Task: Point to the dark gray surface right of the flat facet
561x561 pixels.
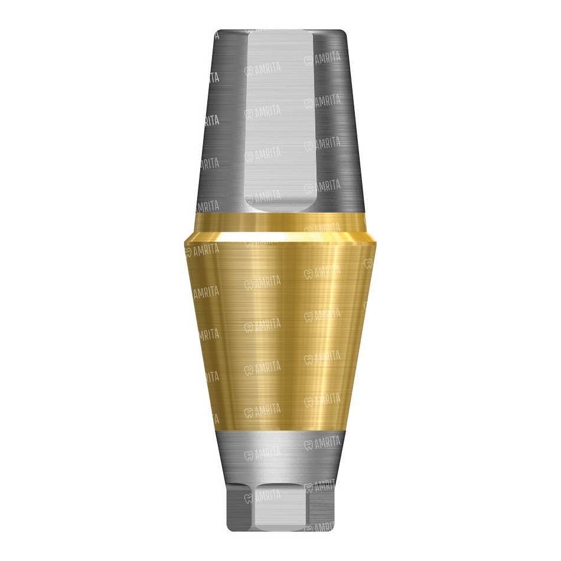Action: (338, 122)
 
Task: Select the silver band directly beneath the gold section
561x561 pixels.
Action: (280, 455)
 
